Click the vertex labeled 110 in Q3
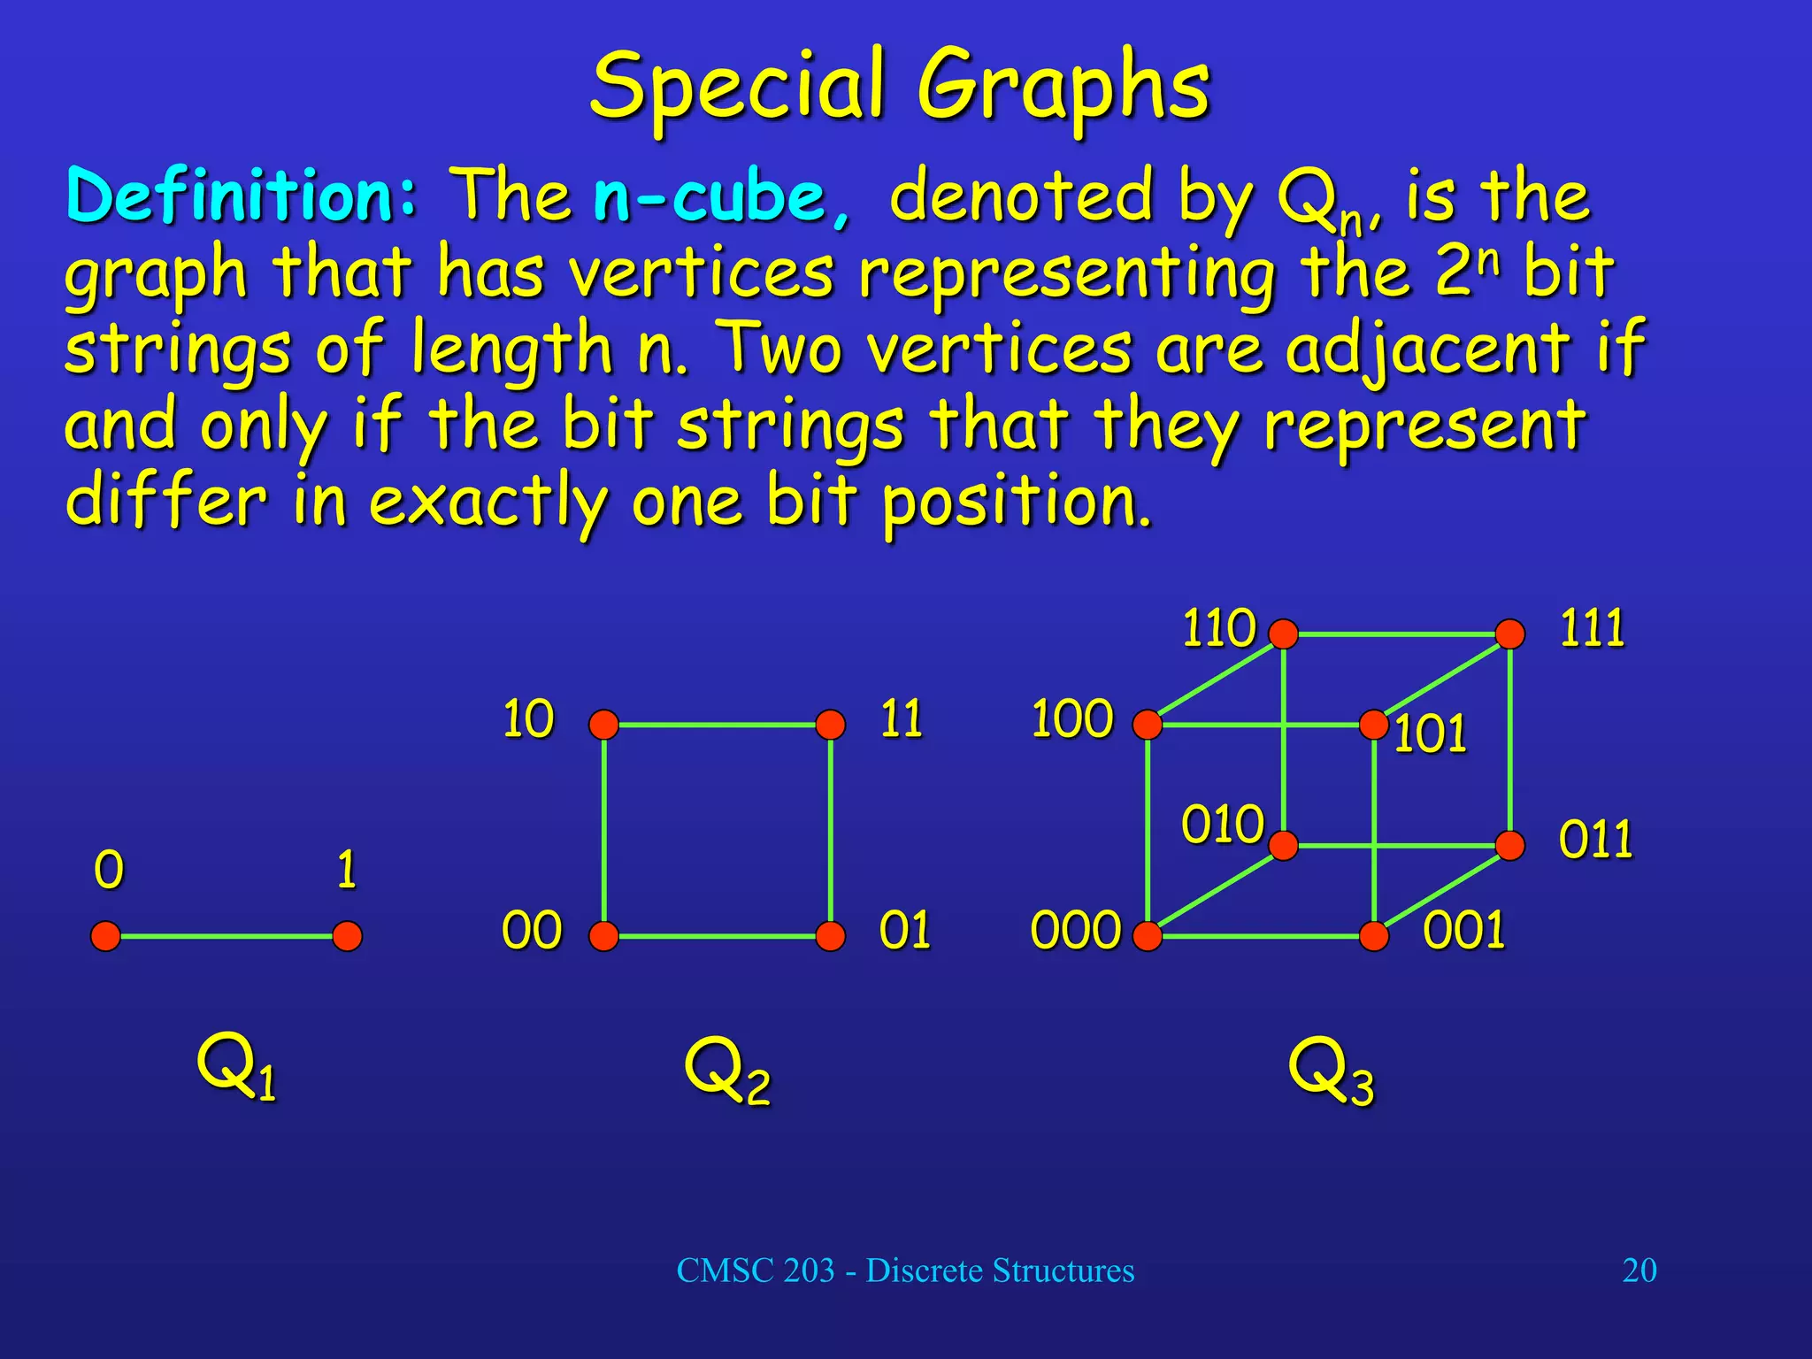(x=1283, y=634)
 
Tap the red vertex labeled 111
(x=1510, y=634)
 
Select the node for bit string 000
(x=1148, y=936)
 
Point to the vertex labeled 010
(x=1283, y=846)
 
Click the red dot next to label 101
(x=1374, y=725)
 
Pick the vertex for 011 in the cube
(x=1510, y=846)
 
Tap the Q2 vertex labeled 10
(x=603, y=725)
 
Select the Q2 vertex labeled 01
(x=830, y=936)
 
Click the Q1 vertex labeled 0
(x=105, y=936)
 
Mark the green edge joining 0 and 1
(x=226, y=936)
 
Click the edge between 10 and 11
(x=717, y=725)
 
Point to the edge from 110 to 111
(x=1396, y=634)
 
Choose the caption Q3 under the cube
(x=1330, y=1071)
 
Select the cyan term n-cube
(x=720, y=196)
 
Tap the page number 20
(x=1639, y=1271)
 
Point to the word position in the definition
(x=1017, y=503)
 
